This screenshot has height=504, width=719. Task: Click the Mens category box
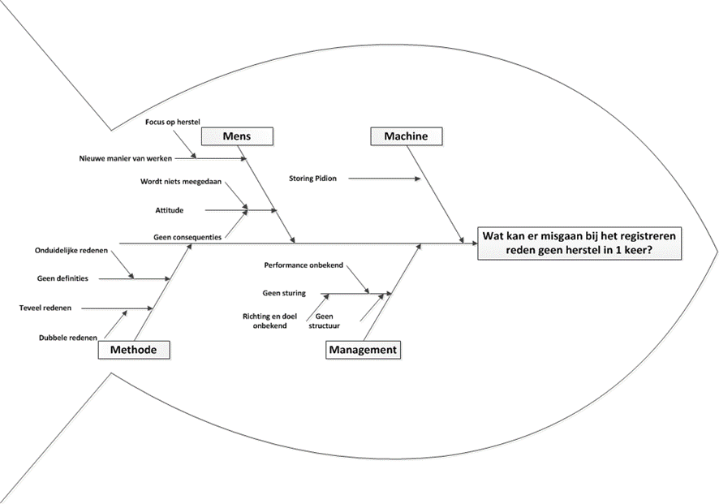(x=237, y=136)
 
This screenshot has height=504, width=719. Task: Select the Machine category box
(x=406, y=136)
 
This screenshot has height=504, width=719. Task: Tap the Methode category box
(x=134, y=350)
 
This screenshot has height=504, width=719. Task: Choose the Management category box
(x=363, y=350)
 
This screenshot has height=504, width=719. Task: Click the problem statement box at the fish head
(x=580, y=243)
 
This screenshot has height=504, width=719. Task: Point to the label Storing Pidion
(x=312, y=178)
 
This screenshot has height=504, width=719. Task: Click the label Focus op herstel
(x=171, y=123)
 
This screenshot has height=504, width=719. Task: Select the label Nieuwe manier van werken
(x=126, y=158)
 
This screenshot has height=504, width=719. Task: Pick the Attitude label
(x=169, y=210)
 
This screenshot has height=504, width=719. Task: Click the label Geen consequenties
(x=188, y=238)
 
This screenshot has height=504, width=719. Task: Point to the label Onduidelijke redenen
(x=71, y=250)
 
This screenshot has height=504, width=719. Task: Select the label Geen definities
(x=62, y=278)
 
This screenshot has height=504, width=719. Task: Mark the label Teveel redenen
(x=45, y=308)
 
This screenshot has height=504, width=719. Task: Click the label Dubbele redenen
(x=68, y=338)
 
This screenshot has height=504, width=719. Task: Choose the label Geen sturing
(x=284, y=293)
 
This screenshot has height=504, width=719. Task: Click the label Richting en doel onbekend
(x=265, y=321)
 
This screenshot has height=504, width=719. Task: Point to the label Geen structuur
(x=324, y=321)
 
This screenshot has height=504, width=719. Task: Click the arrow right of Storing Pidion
(x=386, y=178)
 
